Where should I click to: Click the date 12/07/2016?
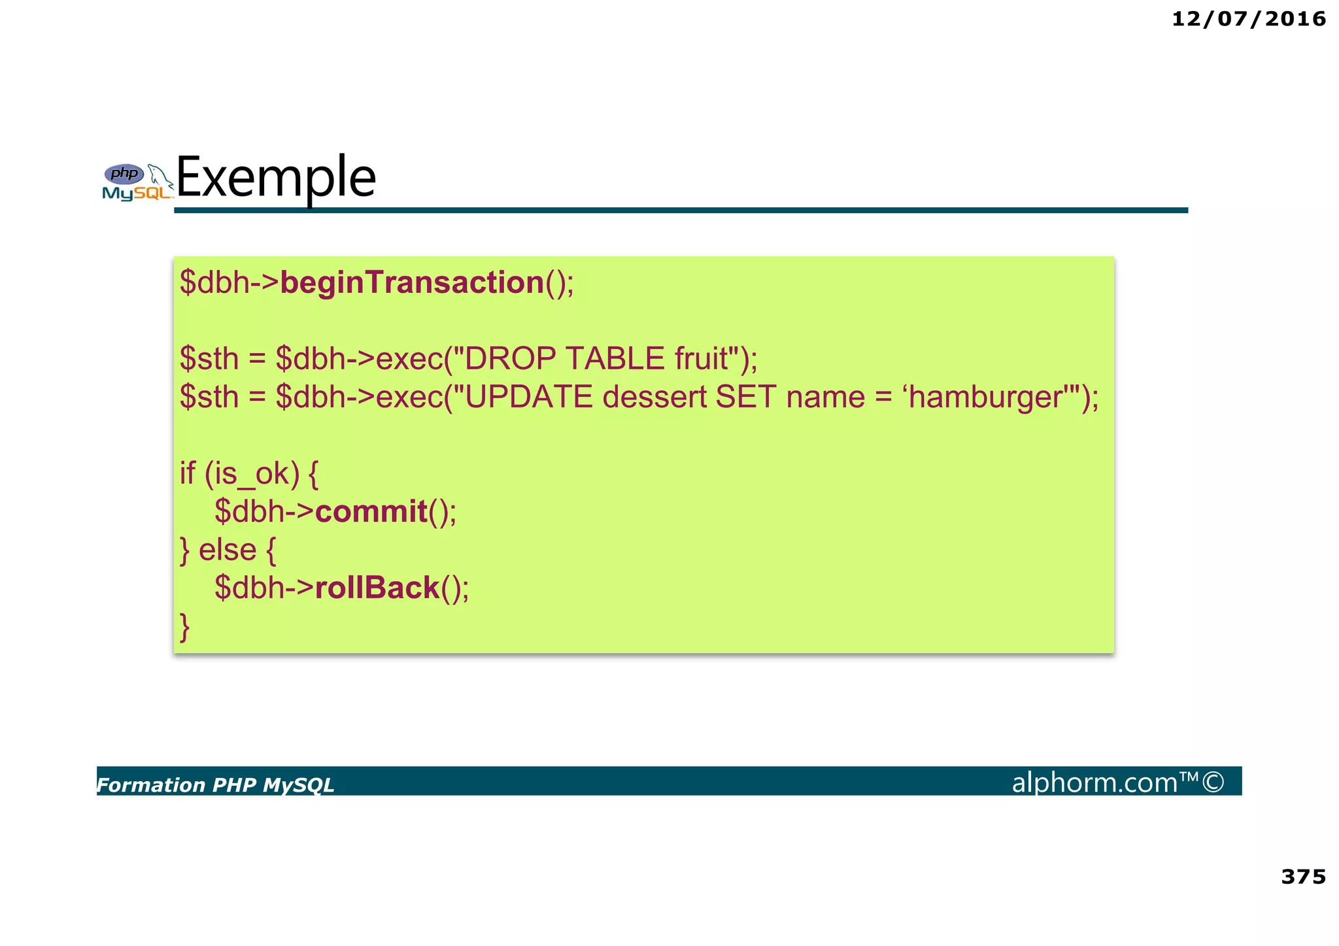[1248, 19]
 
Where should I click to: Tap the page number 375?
[1303, 876]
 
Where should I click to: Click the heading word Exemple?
[276, 177]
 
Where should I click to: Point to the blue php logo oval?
[124, 174]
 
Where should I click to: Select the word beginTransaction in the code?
[412, 282]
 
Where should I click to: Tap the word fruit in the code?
[701, 358]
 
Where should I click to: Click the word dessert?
[654, 397]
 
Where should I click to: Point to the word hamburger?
[985, 397]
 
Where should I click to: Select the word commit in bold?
[371, 511]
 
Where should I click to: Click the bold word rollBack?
[377, 587]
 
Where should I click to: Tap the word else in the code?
[227, 549]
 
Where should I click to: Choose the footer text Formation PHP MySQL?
[215, 785]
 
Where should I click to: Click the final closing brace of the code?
[184, 626]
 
